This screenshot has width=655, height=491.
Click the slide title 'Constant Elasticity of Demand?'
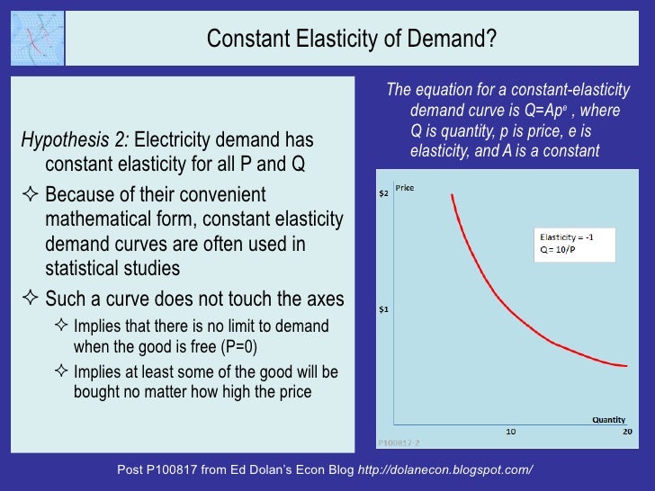click(352, 40)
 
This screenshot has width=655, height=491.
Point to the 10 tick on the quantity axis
click(510, 432)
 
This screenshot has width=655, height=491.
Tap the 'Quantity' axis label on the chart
click(608, 419)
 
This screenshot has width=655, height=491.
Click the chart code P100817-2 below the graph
click(394, 442)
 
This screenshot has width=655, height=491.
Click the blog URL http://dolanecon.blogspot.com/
click(445, 469)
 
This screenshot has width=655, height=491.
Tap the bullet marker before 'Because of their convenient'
click(31, 194)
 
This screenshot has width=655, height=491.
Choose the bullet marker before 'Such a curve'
click(31, 298)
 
